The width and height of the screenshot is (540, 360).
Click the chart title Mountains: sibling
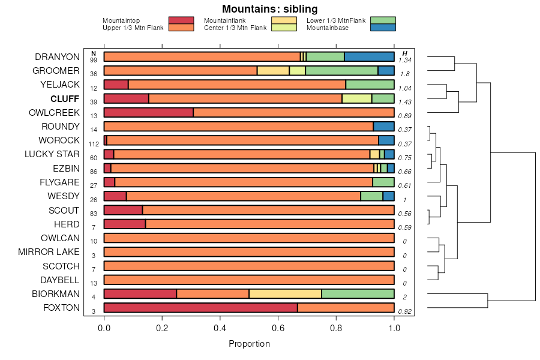[269, 9]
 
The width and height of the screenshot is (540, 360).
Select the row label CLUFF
[65, 98]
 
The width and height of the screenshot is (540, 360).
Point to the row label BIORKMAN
[55, 294]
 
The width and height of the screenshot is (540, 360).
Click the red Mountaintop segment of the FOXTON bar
[200, 308]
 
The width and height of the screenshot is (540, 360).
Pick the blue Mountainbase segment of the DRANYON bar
[369, 57]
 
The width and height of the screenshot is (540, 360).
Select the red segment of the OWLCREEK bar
[148, 112]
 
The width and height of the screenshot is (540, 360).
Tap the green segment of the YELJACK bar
[370, 85]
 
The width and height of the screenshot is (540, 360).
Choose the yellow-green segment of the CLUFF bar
[356, 98]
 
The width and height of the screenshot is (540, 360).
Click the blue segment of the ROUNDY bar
[383, 127]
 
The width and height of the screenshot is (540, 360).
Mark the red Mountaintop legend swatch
[181, 20]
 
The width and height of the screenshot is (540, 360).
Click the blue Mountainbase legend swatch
[383, 28]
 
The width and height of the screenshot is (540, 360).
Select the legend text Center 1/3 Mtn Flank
[235, 28]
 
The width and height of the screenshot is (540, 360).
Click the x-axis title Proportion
[249, 344]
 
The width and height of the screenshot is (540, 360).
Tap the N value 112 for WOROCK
[93, 144]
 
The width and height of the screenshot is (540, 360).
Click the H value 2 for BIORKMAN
[404, 298]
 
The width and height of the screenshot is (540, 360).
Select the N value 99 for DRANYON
[93, 61]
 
